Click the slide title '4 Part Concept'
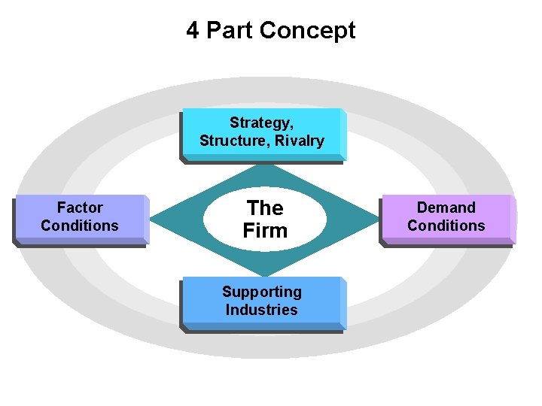tap(271, 31)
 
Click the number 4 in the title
tap(193, 31)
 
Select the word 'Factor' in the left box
tap(80, 208)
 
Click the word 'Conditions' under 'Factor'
tap(80, 226)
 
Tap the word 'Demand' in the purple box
tap(446, 208)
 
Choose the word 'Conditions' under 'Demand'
tap(446, 226)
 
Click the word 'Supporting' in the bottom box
tap(261, 292)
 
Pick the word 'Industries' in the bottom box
tap(261, 310)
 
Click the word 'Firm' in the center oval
tap(265, 231)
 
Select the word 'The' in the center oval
tap(265, 208)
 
